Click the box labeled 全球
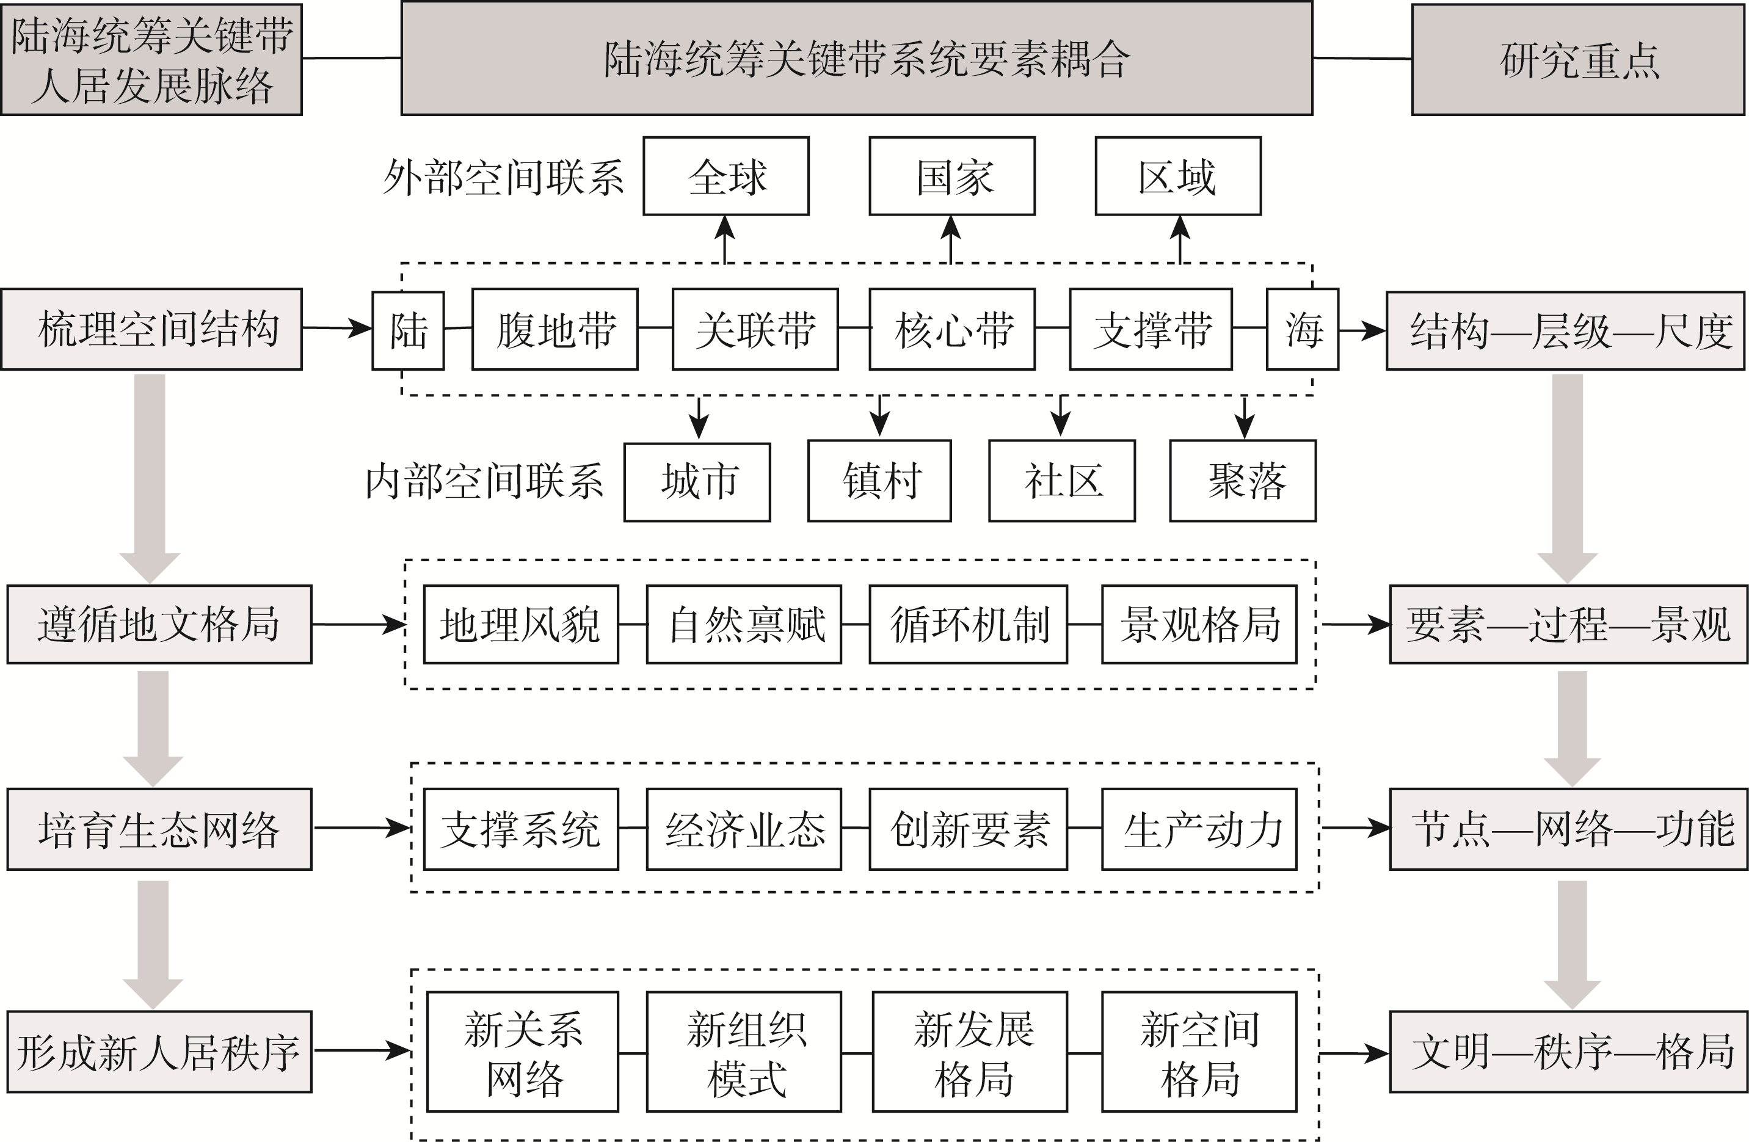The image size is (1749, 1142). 725,176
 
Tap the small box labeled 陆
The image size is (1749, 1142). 408,330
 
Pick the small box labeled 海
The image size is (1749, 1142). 1302,330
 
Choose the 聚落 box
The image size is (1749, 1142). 1242,481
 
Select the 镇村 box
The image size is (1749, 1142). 879,481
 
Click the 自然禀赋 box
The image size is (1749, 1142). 744,625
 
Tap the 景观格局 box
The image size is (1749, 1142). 1199,625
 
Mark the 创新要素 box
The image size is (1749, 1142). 968,830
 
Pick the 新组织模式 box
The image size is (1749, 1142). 744,1052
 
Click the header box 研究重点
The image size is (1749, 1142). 1578,59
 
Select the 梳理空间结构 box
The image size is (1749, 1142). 151,329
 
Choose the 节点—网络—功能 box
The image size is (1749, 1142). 1568,830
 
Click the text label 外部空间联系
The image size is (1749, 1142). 503,178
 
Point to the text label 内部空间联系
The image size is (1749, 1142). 484,482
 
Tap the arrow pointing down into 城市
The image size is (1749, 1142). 698,418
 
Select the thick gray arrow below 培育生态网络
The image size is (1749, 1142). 153,944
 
